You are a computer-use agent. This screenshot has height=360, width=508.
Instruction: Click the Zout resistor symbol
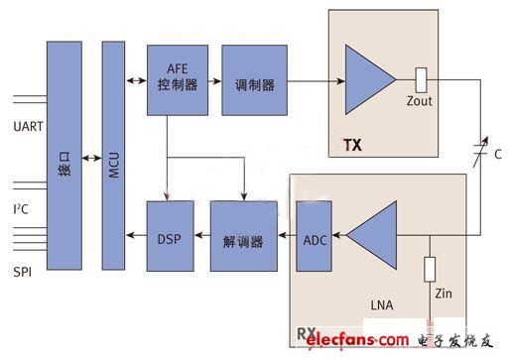[421, 76]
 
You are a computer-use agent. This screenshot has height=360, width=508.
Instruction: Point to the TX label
[352, 145]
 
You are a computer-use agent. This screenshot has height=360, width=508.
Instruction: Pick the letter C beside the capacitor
[496, 156]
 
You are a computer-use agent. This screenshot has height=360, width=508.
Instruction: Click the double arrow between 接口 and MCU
[89, 158]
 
